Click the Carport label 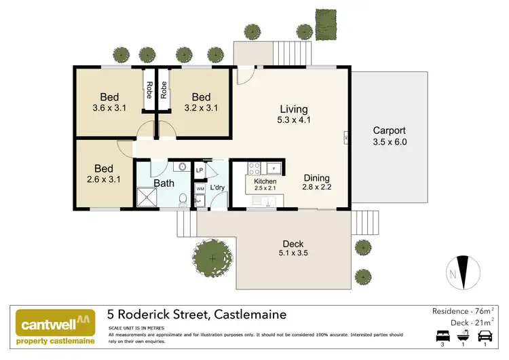click(390, 131)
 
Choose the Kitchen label click(265, 181)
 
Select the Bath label click(164, 183)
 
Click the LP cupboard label click(200, 170)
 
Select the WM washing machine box click(200, 188)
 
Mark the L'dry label click(217, 187)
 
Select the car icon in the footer click(484, 336)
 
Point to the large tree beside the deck click(212, 258)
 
